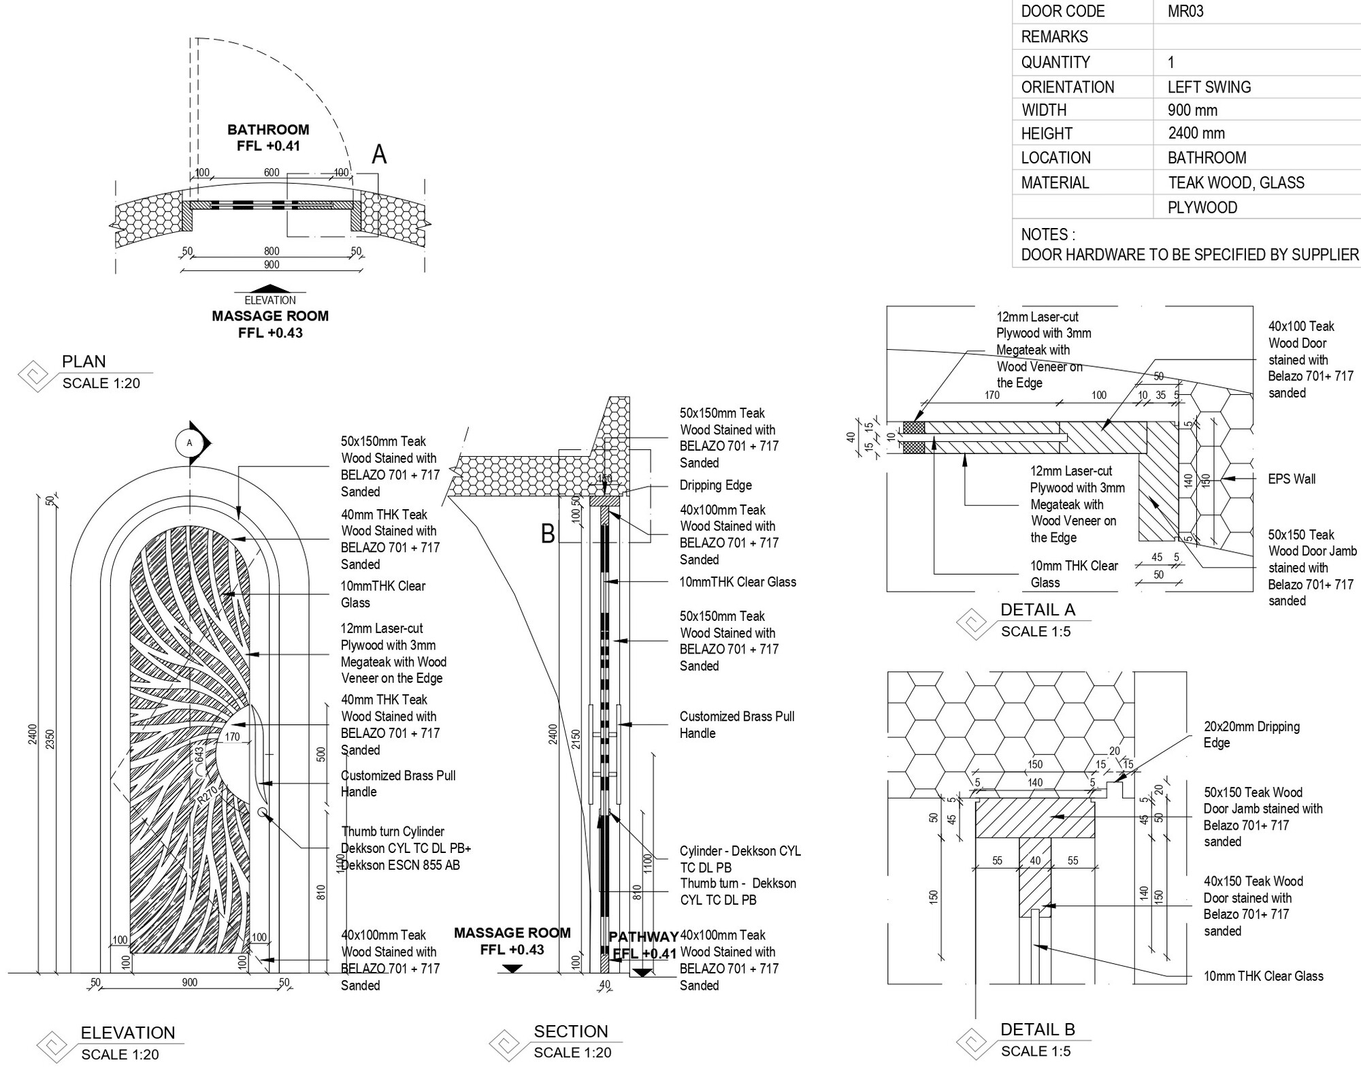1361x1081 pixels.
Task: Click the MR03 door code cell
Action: coord(1185,12)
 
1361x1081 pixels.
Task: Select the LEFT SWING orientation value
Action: coord(1209,87)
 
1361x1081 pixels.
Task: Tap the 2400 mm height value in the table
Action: coord(1196,133)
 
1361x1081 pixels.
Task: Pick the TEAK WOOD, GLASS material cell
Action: coord(1236,182)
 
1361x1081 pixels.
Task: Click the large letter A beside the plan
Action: coord(379,155)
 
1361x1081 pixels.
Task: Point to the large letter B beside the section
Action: coord(548,534)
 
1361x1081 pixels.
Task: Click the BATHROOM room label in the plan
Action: coord(268,129)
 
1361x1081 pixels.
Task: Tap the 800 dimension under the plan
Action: coord(272,251)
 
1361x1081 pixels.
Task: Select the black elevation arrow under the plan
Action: coord(270,289)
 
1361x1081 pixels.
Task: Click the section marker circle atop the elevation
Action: coord(189,443)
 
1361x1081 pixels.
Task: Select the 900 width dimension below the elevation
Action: coord(190,982)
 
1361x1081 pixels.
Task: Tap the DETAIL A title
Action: coord(1038,610)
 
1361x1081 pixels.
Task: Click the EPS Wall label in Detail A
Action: coord(1292,479)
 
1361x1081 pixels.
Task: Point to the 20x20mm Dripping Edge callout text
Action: coord(1251,735)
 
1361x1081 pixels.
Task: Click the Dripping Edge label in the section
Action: coord(715,485)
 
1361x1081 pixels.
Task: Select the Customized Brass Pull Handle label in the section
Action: coord(736,724)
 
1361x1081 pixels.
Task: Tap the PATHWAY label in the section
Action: coord(643,937)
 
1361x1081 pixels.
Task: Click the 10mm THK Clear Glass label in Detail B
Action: coord(1263,976)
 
